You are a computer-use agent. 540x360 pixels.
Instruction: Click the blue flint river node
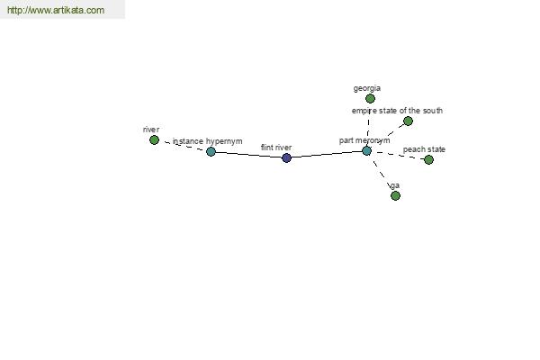coord(286,157)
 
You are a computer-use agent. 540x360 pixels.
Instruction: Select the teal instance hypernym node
coord(211,151)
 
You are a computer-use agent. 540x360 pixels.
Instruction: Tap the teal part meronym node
coord(367,150)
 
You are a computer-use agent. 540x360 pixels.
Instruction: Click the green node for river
coord(154,139)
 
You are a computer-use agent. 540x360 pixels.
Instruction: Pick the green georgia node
coord(370,98)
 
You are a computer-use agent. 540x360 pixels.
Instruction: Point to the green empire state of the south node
coord(408,121)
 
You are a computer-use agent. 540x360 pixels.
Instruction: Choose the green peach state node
coord(428,159)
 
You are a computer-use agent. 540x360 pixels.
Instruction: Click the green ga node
coord(395,195)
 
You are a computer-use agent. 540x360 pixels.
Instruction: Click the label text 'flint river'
coord(276,148)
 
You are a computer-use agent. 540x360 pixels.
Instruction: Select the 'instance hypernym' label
coord(207,141)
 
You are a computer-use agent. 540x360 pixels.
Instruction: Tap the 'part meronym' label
coord(364,140)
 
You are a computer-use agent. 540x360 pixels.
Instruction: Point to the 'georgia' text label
coord(367,88)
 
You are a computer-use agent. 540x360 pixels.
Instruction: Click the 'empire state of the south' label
coord(397,111)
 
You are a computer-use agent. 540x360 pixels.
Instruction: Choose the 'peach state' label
coord(424,149)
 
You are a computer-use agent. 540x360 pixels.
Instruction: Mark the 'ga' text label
coord(395,185)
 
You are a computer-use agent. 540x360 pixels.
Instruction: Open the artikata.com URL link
coord(56,10)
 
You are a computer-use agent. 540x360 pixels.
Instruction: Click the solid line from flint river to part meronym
coord(327,154)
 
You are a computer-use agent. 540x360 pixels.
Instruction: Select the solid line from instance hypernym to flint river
coord(248,155)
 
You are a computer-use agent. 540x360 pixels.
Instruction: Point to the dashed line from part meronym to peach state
coord(398,155)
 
